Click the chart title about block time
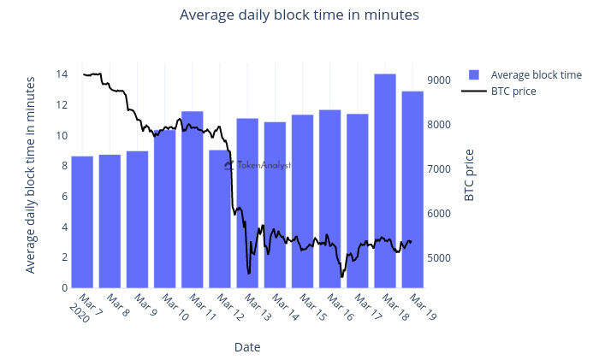(x=299, y=15)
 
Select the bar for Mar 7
(x=82, y=222)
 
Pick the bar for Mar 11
(x=193, y=200)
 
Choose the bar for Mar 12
(x=220, y=219)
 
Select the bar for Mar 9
(x=137, y=220)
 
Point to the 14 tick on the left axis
(x=62, y=74)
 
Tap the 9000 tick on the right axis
(x=439, y=80)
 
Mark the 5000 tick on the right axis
(x=439, y=258)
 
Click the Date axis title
(x=247, y=347)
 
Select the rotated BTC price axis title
(x=469, y=175)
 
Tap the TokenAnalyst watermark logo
(x=257, y=165)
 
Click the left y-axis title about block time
(x=31, y=174)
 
